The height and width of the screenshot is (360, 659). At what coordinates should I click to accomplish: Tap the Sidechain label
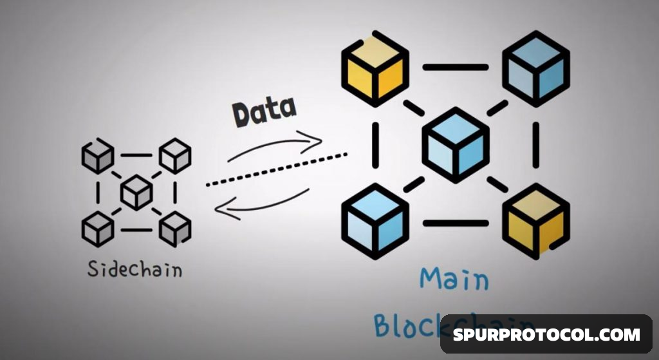(x=135, y=269)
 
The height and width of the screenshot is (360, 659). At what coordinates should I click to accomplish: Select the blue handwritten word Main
(x=454, y=278)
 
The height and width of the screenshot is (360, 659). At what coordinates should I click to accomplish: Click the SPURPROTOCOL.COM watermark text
(x=546, y=334)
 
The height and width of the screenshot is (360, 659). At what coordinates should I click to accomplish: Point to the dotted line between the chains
(x=277, y=169)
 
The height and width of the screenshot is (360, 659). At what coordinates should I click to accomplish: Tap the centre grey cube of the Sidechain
(x=136, y=192)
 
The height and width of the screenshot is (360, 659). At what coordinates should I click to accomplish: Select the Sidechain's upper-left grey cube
(x=98, y=156)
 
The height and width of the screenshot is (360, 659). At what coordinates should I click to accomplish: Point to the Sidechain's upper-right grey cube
(x=175, y=156)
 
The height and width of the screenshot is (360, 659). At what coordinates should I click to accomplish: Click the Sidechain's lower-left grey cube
(x=98, y=228)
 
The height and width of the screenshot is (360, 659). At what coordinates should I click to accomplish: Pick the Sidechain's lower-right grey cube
(x=175, y=228)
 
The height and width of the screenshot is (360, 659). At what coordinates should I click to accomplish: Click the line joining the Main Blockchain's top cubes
(x=455, y=67)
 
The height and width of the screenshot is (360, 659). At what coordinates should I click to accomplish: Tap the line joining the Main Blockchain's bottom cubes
(x=455, y=223)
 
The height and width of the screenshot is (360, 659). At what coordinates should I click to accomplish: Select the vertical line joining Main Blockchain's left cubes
(x=375, y=145)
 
